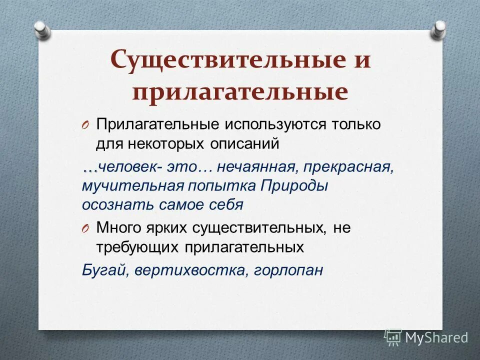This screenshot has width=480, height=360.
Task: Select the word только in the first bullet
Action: [356, 124]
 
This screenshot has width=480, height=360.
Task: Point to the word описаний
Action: [242, 144]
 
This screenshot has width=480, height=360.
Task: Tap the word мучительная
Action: [132, 185]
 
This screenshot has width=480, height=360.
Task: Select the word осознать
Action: [110, 204]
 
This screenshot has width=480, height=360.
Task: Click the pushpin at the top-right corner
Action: [439, 29]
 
